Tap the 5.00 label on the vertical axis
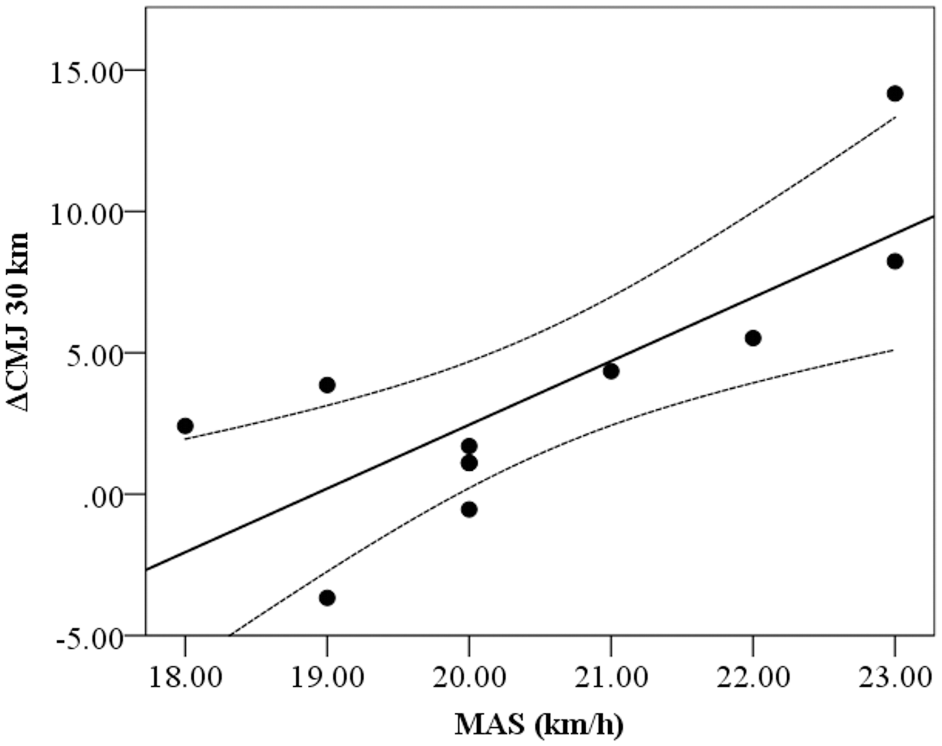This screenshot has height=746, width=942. pos(95,356)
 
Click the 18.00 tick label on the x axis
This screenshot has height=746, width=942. pos(185,677)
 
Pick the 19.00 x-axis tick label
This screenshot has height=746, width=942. pos(327,677)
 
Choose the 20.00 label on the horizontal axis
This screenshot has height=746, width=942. pos(469,677)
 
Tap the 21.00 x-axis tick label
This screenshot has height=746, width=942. pos(611,677)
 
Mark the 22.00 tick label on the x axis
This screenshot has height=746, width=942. pos(753,677)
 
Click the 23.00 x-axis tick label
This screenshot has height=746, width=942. pos(895,677)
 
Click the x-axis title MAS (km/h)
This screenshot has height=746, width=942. pos(539,724)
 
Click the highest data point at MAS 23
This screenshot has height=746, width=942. pos(895,94)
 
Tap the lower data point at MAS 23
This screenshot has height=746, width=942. pos(895,261)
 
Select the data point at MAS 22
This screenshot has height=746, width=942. pos(753,338)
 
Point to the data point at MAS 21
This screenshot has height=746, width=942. pos(611,371)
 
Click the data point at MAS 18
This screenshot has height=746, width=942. pos(185,425)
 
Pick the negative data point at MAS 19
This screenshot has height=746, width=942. pos(327,598)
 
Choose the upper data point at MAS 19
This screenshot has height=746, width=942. pos(327,385)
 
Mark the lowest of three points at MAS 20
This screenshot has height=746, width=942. pos(469,509)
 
